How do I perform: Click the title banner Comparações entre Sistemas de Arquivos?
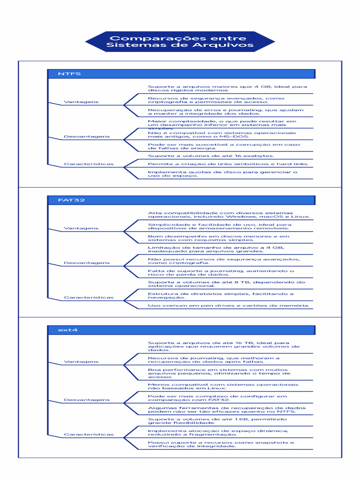click(180, 42)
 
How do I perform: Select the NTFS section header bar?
click(181, 74)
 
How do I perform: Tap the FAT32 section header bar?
click(181, 200)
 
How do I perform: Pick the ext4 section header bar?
click(181, 330)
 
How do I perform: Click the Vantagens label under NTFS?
click(81, 102)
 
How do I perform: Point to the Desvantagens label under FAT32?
click(86, 263)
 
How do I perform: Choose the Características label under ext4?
click(89, 435)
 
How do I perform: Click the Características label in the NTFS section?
click(89, 165)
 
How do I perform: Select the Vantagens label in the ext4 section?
click(81, 362)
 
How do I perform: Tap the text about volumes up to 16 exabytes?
click(211, 156)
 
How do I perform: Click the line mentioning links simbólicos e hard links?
click(228, 164)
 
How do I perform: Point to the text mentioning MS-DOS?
click(222, 135)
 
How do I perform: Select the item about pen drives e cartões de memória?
click(228, 306)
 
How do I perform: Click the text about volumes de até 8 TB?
click(226, 284)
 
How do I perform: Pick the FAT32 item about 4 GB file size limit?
click(216, 249)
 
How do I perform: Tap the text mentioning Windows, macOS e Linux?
click(228, 215)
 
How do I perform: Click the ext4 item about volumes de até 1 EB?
click(217, 421)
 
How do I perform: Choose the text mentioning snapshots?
click(221, 444)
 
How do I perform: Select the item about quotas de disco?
click(222, 174)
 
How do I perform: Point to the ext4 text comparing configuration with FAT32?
click(217, 398)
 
